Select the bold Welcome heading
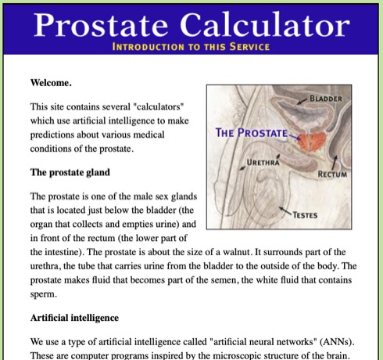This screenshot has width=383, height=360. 52,81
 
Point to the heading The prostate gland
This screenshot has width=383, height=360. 70,171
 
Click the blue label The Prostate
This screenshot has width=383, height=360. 251,132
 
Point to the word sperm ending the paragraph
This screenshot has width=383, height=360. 44,294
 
